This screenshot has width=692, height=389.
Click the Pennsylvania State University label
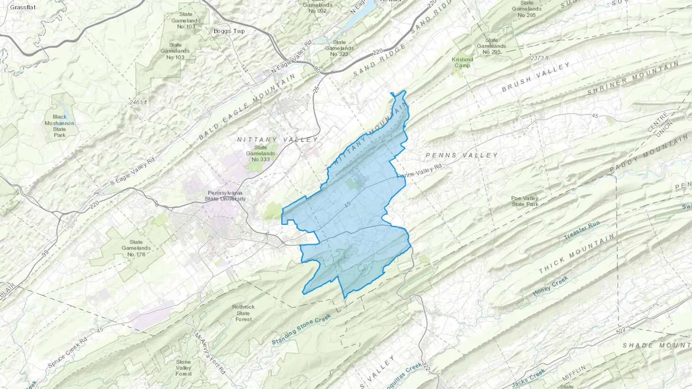[225, 196]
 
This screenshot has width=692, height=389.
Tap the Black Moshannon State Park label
[60, 126]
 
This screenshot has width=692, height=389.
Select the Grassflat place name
[23, 7]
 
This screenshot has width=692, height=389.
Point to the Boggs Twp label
[229, 31]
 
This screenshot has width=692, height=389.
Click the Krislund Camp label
[462, 62]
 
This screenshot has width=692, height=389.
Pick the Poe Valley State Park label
[525, 201]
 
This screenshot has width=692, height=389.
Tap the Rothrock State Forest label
[243, 313]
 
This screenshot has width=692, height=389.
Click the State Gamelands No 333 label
[261, 153]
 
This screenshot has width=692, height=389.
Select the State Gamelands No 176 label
[136, 248]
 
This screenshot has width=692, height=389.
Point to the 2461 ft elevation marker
[138, 103]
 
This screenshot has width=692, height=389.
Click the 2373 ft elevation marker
[539, 58]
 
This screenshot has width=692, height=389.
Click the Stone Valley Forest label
[183, 367]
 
